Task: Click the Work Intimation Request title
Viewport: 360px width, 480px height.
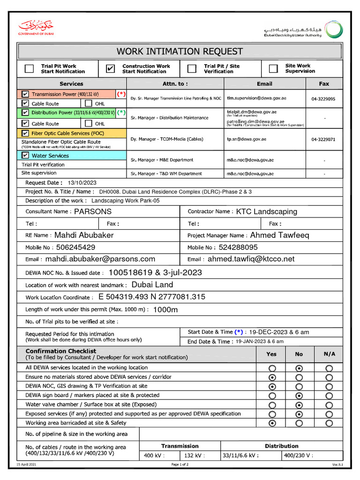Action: (180, 52)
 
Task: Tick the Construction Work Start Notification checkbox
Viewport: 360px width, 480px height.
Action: (110, 69)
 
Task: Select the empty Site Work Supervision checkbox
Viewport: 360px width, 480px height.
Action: (273, 69)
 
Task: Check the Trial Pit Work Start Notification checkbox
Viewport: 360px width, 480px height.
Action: (29, 69)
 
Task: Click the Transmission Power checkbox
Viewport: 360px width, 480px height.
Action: (25, 94)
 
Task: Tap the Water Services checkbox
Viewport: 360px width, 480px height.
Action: (25, 156)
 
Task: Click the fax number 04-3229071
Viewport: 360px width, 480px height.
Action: (323, 140)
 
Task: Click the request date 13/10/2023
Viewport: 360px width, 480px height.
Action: (82, 183)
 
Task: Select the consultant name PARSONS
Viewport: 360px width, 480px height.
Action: (93, 212)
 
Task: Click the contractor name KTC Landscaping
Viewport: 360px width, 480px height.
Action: (266, 212)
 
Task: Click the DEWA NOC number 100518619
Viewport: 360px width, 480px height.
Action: (128, 273)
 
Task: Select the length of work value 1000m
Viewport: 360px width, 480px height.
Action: (165, 310)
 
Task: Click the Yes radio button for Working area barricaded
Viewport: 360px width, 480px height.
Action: (272, 423)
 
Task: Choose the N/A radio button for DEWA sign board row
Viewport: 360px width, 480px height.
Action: (329, 396)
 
